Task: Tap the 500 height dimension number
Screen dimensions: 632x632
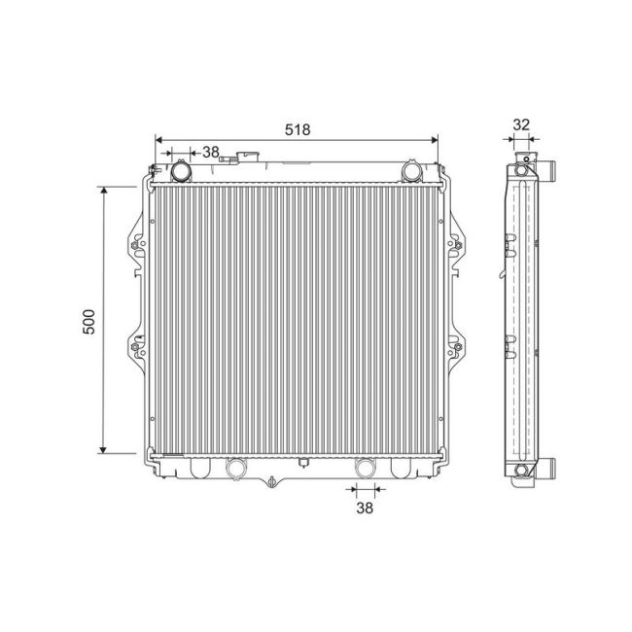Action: pyautogui.click(x=88, y=321)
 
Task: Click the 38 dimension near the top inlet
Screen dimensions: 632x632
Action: pyautogui.click(x=210, y=152)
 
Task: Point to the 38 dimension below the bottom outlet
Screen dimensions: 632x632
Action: pyautogui.click(x=365, y=508)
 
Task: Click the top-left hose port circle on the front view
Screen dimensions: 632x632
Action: pyautogui.click(x=182, y=172)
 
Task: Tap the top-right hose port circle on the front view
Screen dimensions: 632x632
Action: pyautogui.click(x=411, y=172)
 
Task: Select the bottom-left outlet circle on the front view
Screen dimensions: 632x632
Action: pyautogui.click(x=234, y=469)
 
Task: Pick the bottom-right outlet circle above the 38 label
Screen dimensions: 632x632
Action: pyautogui.click(x=365, y=469)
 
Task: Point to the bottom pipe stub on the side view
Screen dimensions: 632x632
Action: pyautogui.click(x=548, y=472)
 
